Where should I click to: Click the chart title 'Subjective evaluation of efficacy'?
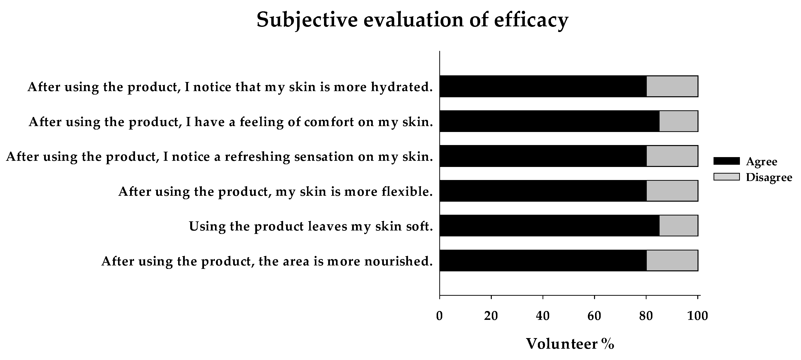[412, 20]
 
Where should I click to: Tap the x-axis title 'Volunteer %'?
[570, 344]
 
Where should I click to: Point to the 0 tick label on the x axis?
[439, 316]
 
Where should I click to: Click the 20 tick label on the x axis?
[491, 316]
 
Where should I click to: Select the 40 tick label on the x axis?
[543, 316]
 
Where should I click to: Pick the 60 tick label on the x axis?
[594, 316]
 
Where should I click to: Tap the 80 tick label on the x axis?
[646, 316]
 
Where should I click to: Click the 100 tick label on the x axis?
[698, 316]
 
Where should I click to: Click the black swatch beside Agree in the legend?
[726, 161]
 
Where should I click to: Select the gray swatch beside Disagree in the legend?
[726, 177]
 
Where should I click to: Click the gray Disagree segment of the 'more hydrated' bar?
[672, 86]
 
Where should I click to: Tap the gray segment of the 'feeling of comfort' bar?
[679, 121]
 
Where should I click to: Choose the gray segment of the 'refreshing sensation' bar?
[672, 156]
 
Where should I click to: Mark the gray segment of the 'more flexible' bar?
[672, 191]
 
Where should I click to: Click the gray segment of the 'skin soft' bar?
[679, 226]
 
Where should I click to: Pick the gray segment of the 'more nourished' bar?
[672, 261]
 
